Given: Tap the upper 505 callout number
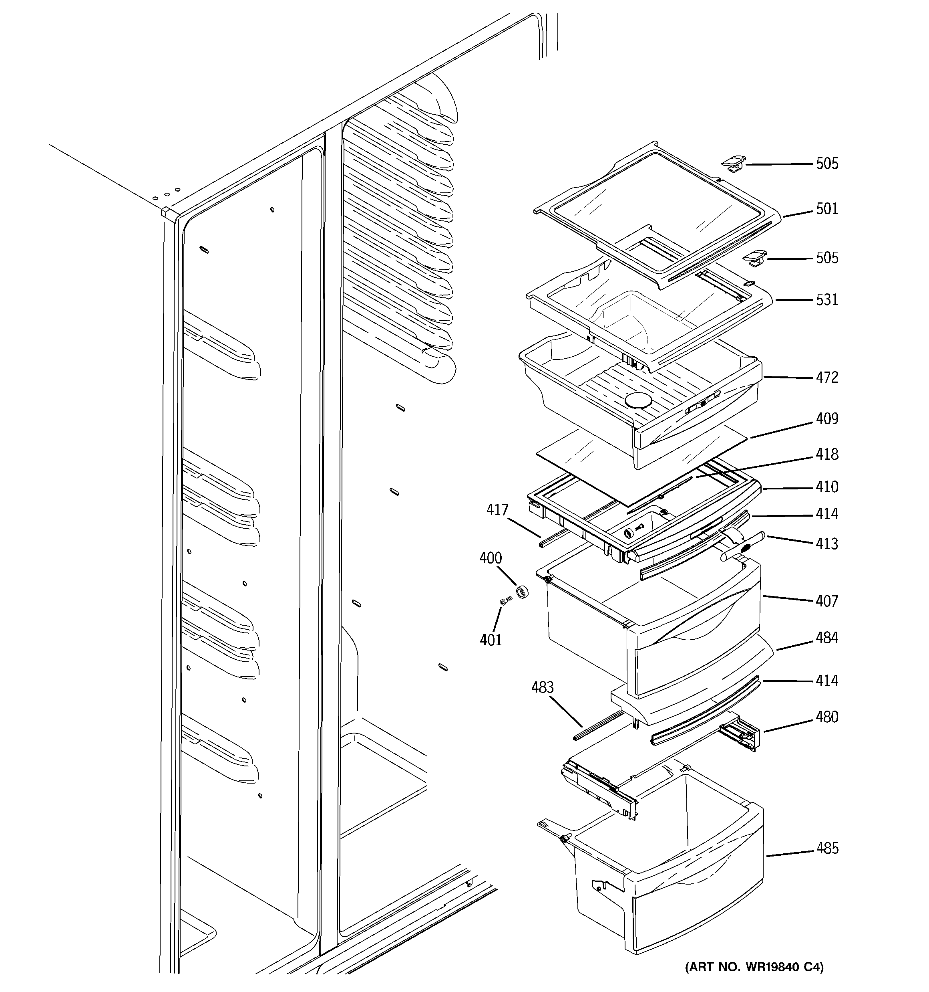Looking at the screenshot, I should click(827, 164).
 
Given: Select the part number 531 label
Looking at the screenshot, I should click(827, 300).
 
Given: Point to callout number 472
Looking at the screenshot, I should click(827, 378).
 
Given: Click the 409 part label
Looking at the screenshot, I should click(827, 419).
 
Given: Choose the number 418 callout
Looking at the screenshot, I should click(827, 455).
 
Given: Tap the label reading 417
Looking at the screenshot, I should click(497, 510).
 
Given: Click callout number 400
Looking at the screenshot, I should click(490, 558).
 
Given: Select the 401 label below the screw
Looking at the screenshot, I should click(490, 640).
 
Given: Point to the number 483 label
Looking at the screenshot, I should click(542, 688).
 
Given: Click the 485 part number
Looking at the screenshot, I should click(827, 848).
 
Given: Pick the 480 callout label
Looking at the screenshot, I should click(827, 717).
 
